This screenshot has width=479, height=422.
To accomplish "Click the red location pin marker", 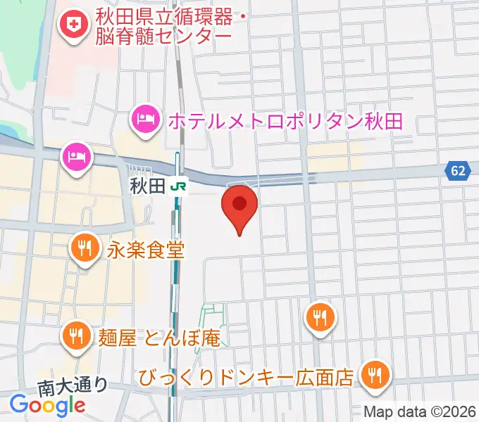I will click(240, 205).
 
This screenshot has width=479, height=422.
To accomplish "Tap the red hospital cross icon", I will click(72, 26).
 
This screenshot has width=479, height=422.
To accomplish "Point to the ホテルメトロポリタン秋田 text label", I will click(285, 120).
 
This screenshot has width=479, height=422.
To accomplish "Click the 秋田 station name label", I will click(147, 186).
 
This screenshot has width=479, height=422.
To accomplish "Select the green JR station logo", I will click(181, 186).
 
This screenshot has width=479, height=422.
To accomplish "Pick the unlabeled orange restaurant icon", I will click(321, 316).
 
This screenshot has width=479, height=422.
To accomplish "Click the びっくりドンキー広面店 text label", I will click(246, 378).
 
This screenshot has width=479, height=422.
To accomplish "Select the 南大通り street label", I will click(73, 385).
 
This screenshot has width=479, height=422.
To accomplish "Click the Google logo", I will click(47, 405).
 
